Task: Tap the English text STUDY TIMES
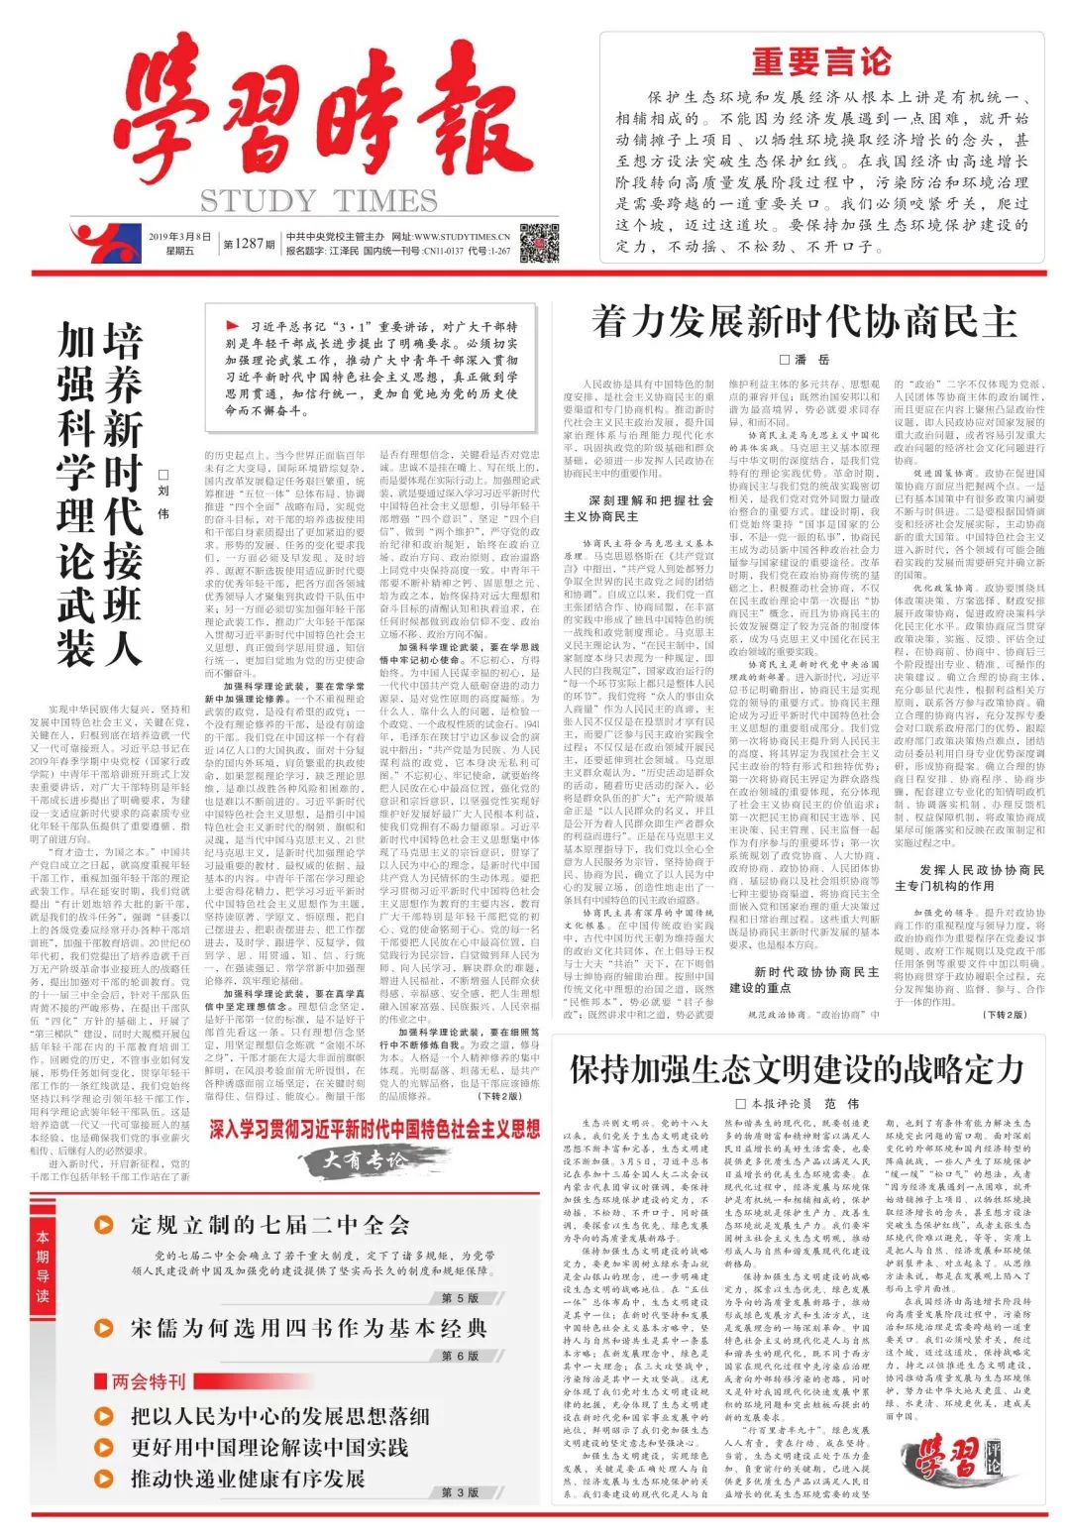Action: [x=318, y=201]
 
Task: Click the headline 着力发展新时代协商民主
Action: [x=803, y=322]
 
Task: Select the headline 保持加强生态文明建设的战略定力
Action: [x=796, y=1069]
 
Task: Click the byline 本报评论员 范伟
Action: [x=798, y=1103]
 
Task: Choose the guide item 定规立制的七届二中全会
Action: [x=269, y=1225]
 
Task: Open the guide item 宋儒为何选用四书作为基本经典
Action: [x=308, y=1328]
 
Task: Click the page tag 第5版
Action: [x=460, y=1298]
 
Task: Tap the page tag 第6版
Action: [x=460, y=1356]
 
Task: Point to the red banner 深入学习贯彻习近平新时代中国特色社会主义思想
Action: [x=374, y=1129]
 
